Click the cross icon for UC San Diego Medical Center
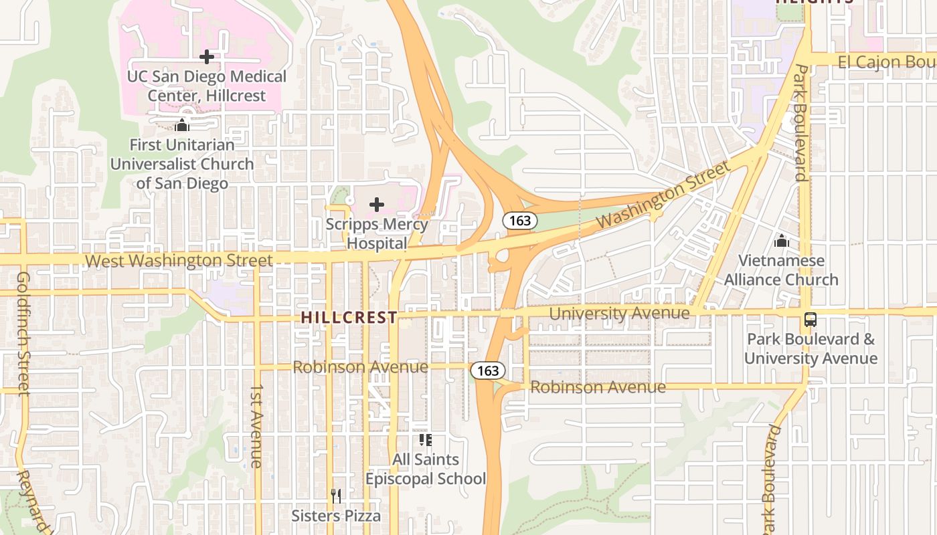tap(207, 57)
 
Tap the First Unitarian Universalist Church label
tap(182, 164)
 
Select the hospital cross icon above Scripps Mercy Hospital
tap(377, 205)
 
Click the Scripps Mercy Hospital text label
tap(377, 233)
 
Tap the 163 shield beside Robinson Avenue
tap(487, 370)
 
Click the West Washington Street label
tap(179, 261)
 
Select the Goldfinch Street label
tap(23, 332)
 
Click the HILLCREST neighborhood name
tap(349, 318)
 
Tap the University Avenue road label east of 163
tap(619, 313)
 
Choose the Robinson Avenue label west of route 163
tap(360, 367)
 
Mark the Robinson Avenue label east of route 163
tap(598, 387)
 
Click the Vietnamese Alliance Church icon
tap(781, 241)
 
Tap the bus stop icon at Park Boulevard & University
tap(811, 320)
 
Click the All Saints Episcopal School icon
tap(425, 439)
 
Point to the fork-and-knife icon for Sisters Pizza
tap(336, 496)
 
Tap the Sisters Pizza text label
tap(336, 516)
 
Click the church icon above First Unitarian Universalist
tap(182, 125)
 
